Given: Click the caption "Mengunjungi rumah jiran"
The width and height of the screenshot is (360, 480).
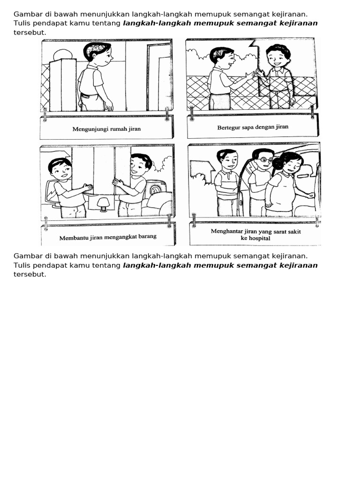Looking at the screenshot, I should pos(106,129).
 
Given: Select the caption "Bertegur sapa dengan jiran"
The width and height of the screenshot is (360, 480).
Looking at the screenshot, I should pos(253,127).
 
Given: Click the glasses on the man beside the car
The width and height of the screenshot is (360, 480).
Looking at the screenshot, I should pos(266,160).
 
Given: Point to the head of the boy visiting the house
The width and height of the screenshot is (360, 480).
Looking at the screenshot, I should pos(97,52).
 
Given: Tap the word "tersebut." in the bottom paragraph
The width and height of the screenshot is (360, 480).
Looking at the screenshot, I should pos(30,274).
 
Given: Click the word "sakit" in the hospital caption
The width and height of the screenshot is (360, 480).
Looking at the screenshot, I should pos(292,232).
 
